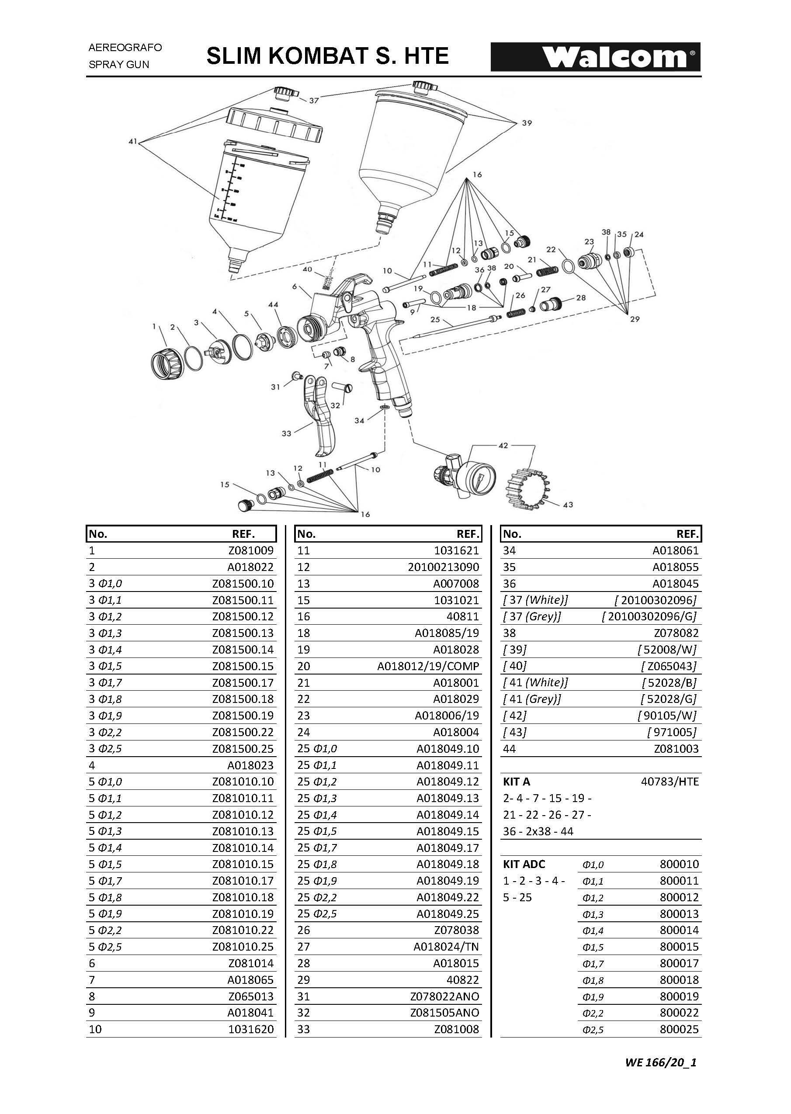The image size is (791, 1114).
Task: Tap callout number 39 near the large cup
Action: coord(527,123)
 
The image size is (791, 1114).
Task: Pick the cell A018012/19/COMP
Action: coord(428,666)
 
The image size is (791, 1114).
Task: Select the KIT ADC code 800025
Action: coord(679,1029)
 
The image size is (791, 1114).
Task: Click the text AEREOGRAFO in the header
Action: coord(125,48)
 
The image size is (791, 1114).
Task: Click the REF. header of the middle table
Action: coord(468,534)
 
